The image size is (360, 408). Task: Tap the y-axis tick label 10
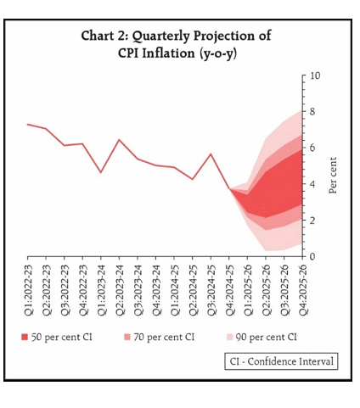point(315,75)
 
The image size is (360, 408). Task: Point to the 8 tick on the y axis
point(312,112)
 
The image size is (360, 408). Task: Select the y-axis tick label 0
point(312,256)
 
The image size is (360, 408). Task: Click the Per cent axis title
point(333,176)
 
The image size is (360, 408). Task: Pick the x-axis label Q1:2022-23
point(29,290)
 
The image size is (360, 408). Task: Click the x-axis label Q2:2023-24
point(120,290)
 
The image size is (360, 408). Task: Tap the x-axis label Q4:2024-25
point(230,290)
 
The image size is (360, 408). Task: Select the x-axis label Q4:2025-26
point(303,290)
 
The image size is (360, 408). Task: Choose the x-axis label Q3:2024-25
point(211,290)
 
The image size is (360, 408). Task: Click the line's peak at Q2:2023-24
point(119,140)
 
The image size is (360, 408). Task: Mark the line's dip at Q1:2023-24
point(101,172)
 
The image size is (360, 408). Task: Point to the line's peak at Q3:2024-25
point(211,154)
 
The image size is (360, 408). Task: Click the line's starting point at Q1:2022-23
point(27,124)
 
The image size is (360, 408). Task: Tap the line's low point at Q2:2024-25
point(193,179)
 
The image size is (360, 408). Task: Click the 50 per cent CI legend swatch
point(25,337)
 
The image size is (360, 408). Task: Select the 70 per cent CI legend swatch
point(127,337)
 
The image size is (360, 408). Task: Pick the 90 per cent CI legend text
point(266,337)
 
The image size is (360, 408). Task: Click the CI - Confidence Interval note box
point(281,361)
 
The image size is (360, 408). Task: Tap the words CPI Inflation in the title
point(157,53)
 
